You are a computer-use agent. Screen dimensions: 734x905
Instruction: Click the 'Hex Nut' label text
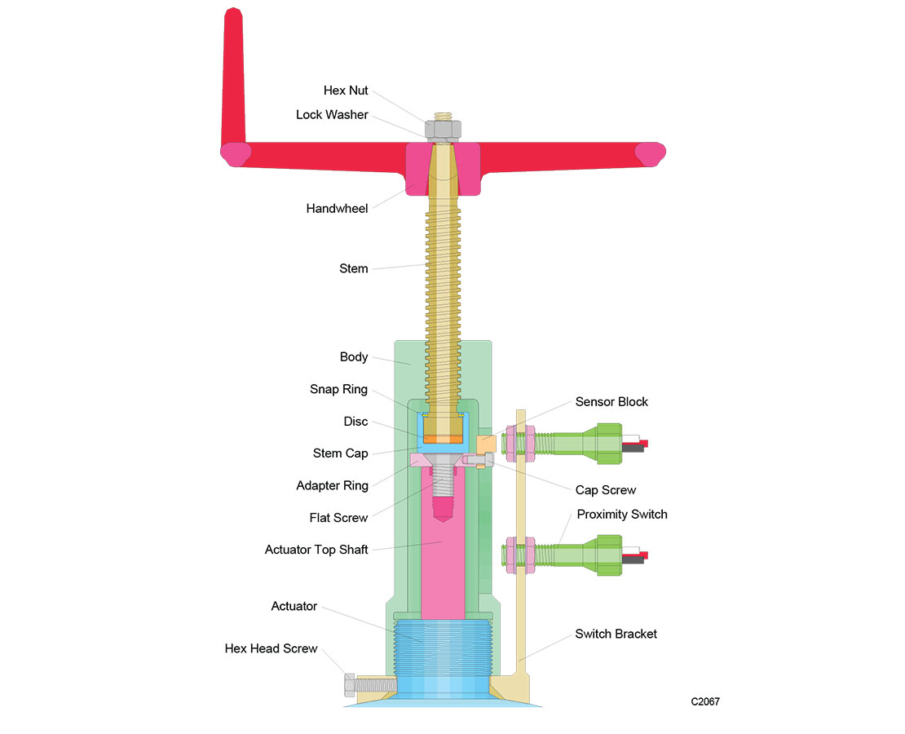[x=346, y=91]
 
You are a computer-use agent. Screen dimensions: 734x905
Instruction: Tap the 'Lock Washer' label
[x=332, y=115]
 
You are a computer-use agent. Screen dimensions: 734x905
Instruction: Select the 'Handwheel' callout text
[x=337, y=209]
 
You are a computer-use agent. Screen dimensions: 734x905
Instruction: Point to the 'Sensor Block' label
[x=611, y=402]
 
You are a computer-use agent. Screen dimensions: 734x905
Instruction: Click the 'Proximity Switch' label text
[x=622, y=515]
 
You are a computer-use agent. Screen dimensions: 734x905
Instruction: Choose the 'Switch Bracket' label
[x=616, y=634]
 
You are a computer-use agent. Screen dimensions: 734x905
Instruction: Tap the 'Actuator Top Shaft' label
[x=316, y=550]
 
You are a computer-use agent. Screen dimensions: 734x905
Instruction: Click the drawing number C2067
[x=705, y=701]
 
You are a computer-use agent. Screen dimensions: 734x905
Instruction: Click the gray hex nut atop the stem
[x=444, y=128]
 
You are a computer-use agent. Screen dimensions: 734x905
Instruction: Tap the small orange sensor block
[x=485, y=444]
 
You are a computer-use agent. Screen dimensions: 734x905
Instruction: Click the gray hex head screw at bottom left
[x=351, y=684]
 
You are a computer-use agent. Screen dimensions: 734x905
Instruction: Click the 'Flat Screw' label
[x=338, y=518]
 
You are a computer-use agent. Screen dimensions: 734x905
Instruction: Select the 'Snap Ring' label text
[x=338, y=390]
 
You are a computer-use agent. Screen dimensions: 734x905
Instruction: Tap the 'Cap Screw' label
[x=605, y=490]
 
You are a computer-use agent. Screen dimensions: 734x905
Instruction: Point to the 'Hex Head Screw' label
[x=271, y=649]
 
